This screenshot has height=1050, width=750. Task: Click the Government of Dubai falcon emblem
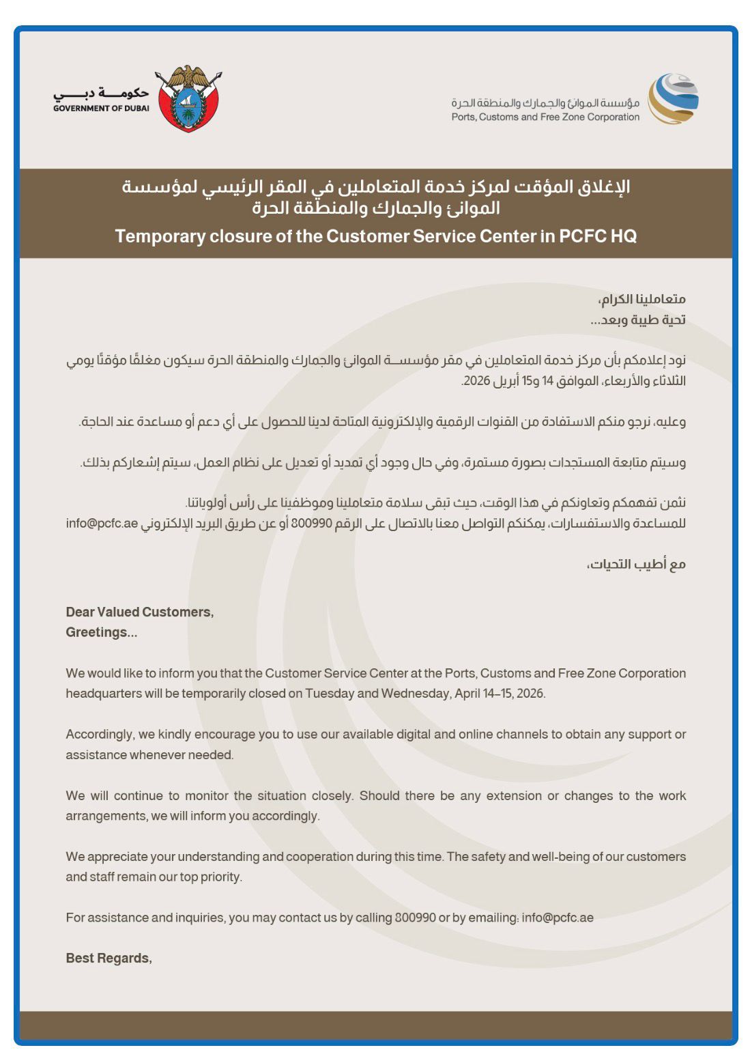point(188,98)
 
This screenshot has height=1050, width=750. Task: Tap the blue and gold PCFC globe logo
point(673,99)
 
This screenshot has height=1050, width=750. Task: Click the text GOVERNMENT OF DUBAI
point(101,108)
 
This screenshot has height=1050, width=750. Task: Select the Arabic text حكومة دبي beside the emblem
point(102,93)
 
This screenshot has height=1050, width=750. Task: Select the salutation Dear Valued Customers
point(139,612)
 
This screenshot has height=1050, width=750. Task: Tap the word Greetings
point(101,632)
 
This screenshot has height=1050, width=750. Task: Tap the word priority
point(220,877)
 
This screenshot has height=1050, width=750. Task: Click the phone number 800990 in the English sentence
point(415,918)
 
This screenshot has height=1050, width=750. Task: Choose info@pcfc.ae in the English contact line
point(558,918)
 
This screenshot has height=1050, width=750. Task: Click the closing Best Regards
point(109,959)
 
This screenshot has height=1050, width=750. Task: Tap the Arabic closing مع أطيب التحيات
point(636,565)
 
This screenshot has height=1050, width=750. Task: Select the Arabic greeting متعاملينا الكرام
point(641,299)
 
